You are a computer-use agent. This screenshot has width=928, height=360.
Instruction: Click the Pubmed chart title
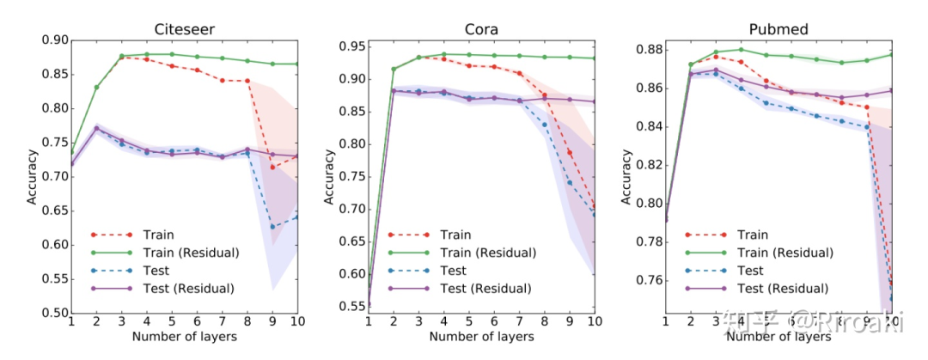pyautogui.click(x=780, y=29)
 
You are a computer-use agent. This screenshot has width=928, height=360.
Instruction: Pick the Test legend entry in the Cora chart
pyautogui.click(x=455, y=272)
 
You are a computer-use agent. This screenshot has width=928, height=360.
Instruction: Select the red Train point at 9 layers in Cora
pyautogui.click(x=569, y=152)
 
